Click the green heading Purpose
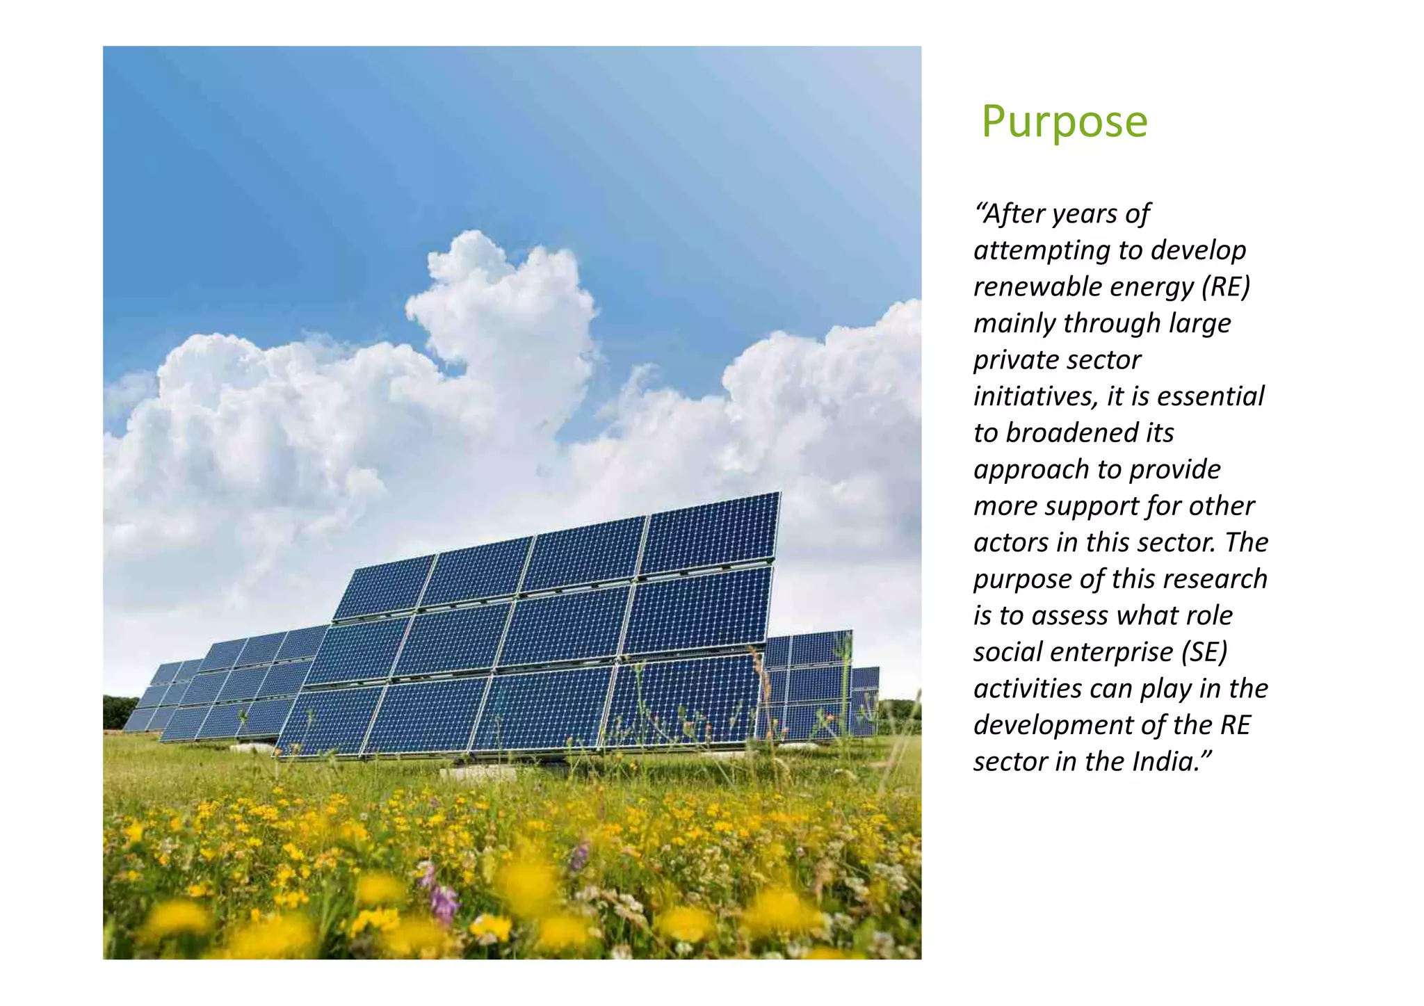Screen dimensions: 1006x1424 (x=1064, y=122)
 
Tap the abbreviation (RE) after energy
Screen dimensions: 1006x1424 (x=1226, y=286)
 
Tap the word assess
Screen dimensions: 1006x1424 (x=1069, y=616)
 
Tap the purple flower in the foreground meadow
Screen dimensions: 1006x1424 (x=444, y=902)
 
